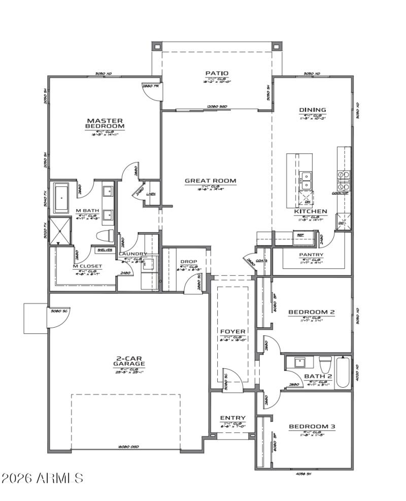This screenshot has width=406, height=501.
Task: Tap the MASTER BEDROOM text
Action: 105,123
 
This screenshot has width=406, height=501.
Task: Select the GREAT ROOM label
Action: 210,180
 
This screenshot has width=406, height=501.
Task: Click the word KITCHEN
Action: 311,211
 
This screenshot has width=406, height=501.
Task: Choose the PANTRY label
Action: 311,255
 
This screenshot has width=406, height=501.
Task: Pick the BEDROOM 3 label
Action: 312,427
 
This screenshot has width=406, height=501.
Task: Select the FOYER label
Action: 233,331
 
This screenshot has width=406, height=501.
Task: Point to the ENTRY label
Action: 233,418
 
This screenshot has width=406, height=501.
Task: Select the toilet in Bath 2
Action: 325,364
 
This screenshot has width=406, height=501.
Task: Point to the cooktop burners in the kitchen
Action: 344,179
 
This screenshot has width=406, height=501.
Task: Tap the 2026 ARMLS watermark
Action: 43,478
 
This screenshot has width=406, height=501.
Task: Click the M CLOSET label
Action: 88,266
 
